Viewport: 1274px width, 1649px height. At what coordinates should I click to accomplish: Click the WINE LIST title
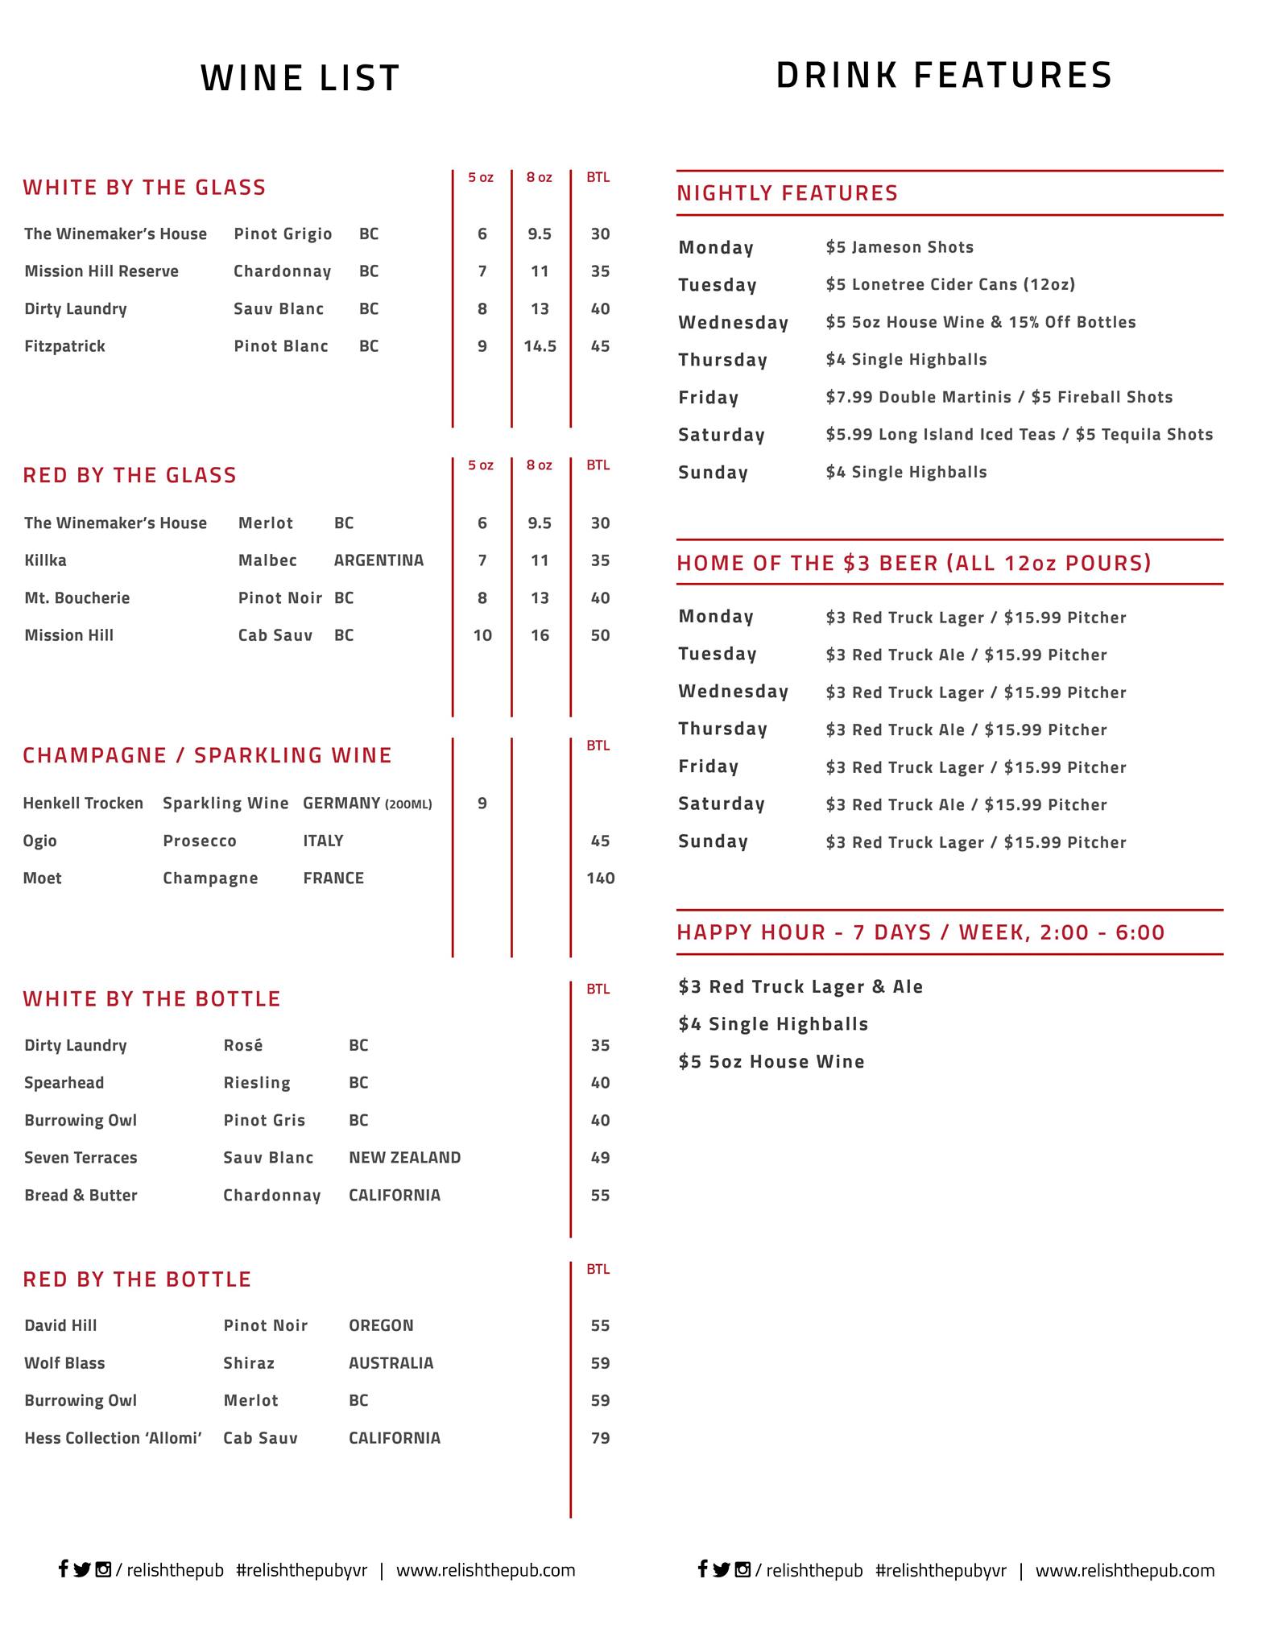tap(300, 78)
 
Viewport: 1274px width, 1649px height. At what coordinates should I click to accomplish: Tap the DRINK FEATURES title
tap(944, 76)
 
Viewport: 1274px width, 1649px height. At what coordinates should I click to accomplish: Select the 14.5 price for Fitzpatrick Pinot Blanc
tap(540, 346)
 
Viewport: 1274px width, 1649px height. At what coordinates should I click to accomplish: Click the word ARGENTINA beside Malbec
tap(378, 560)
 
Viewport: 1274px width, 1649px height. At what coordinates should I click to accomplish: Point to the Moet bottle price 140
tap(600, 878)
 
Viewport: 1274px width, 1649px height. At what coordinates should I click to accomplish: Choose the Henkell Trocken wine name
tap(83, 803)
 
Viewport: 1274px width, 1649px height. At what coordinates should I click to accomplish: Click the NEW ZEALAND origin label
tap(404, 1158)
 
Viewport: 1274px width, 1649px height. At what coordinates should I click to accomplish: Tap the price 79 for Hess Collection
tap(600, 1438)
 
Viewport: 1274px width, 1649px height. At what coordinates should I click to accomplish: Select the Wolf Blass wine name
tap(64, 1363)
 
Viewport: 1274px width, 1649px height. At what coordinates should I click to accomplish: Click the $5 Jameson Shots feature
tap(900, 247)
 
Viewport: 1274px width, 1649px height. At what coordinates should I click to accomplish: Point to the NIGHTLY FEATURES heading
tap(787, 193)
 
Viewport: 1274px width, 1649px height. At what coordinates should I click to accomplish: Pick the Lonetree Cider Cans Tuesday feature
tap(950, 284)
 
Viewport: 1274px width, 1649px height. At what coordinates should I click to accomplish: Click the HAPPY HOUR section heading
tap(920, 932)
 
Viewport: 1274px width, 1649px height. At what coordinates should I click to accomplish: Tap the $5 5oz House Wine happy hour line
tap(771, 1062)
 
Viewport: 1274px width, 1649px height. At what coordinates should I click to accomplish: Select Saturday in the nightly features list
tap(722, 435)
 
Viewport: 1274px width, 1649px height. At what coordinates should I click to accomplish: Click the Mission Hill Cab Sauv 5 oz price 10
tap(482, 635)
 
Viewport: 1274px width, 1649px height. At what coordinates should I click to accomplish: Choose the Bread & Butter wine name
tap(81, 1196)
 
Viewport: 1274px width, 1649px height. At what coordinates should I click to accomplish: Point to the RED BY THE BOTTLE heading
tap(137, 1279)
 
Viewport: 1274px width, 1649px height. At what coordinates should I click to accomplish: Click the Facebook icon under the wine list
tap(63, 1568)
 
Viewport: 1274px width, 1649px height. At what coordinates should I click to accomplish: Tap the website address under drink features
tap(1124, 1570)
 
